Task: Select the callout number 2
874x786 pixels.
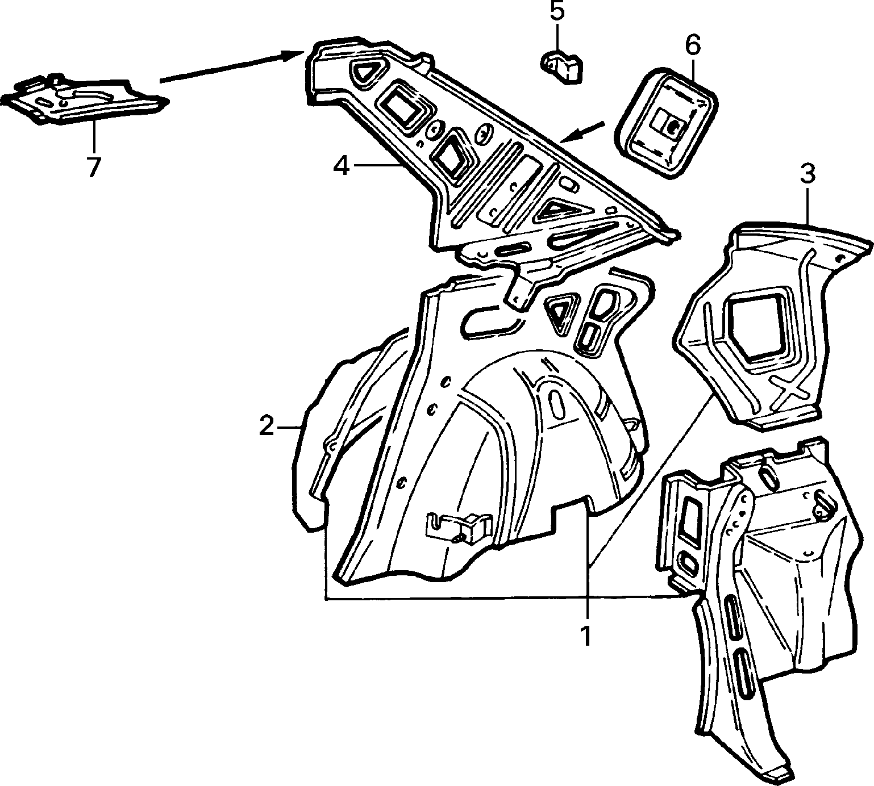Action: click(267, 426)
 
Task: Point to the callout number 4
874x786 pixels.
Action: click(341, 165)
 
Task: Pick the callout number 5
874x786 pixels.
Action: click(557, 12)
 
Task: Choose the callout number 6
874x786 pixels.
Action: click(694, 45)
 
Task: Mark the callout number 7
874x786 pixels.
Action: click(93, 167)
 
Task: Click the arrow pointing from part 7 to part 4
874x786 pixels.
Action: click(232, 67)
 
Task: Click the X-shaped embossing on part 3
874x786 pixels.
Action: click(789, 392)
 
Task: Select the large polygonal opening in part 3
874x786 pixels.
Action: click(756, 327)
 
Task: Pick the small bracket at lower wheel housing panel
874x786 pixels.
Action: click(457, 525)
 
